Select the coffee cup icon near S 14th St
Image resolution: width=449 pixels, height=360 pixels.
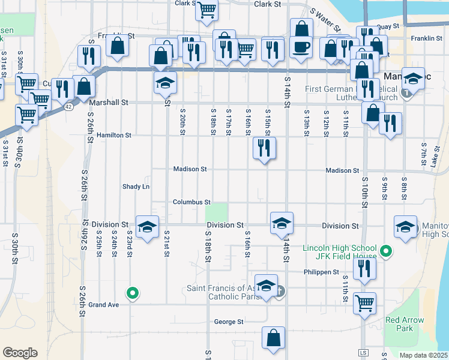point(301,46)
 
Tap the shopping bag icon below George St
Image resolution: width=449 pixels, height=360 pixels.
point(274,337)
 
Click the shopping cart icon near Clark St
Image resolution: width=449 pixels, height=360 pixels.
point(206,9)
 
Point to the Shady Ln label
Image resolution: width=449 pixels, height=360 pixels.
point(136,187)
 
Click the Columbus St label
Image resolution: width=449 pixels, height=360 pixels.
point(191,202)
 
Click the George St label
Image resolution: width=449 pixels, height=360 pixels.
point(228,322)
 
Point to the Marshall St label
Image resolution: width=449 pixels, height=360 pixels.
point(109,103)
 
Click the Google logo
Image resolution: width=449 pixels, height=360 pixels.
point(20,352)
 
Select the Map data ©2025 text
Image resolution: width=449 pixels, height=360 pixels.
point(424,355)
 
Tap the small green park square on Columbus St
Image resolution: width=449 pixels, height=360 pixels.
point(217,212)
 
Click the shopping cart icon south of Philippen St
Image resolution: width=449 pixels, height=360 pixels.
point(364,304)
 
